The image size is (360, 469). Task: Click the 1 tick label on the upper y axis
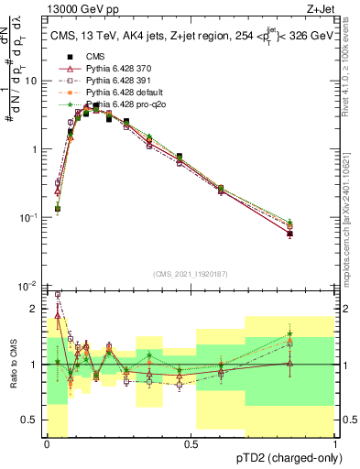click(35, 148)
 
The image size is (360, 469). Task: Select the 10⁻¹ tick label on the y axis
click(29, 217)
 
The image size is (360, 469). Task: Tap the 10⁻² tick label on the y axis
click(29, 286)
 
